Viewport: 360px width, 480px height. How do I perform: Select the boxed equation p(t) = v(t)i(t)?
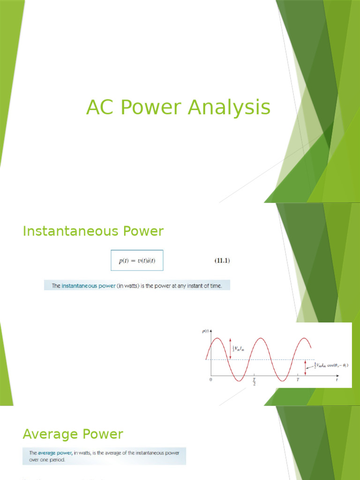point(137,260)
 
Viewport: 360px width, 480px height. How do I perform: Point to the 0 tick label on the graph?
point(210,379)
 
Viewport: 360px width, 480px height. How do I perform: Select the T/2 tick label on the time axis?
point(254,381)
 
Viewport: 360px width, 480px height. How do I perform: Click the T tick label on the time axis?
point(297,379)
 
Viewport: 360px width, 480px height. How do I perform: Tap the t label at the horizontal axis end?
point(337,379)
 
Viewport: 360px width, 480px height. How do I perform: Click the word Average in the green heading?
point(49,434)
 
